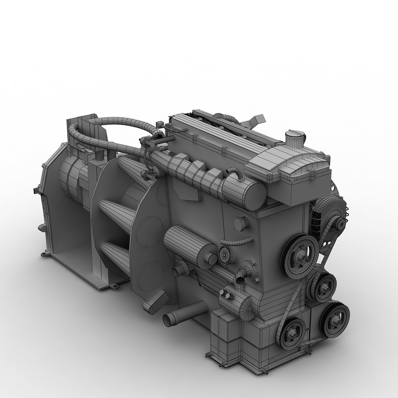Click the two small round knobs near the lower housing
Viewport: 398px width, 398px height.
(x=225, y=293)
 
